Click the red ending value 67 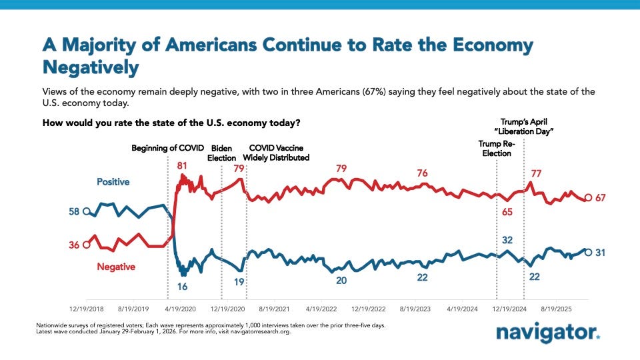click(602, 198)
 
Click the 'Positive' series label click(113, 181)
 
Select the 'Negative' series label click(116, 267)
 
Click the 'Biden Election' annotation click(222, 153)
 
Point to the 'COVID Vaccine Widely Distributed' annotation click(279, 153)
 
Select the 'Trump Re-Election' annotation click(495, 148)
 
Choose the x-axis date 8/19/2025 click(558, 309)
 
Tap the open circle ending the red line click(587, 198)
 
